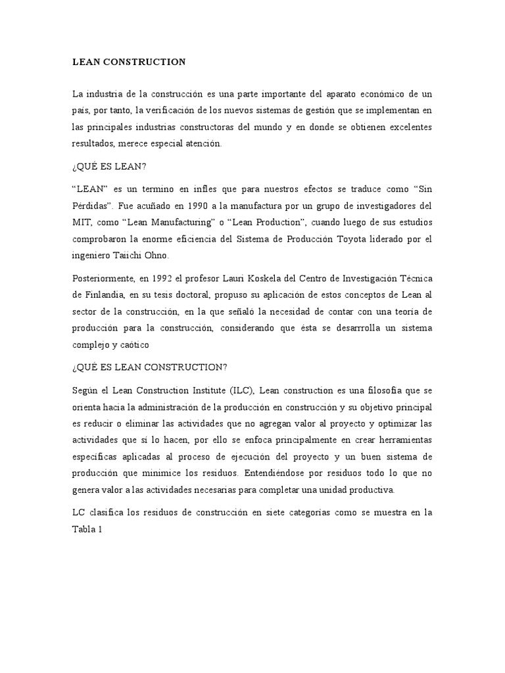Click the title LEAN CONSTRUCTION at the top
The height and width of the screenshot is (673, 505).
[x=129, y=62]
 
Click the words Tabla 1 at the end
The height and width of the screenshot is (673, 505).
[x=86, y=529]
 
